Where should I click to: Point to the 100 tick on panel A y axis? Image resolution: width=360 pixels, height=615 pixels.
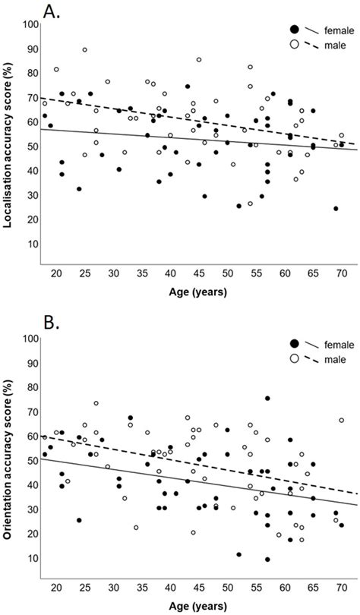[x=29, y=24]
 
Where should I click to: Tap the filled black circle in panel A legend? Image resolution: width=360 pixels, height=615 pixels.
[x=294, y=29]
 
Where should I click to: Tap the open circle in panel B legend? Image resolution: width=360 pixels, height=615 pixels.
[x=294, y=358]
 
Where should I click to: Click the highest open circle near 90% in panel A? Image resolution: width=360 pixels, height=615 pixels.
[x=84, y=50]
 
